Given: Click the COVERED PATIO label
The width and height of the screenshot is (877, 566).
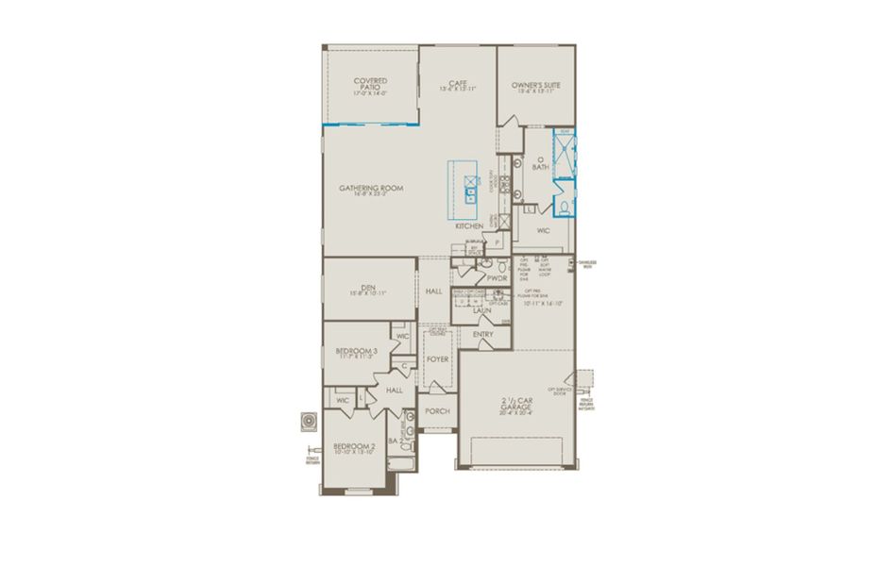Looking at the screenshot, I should [x=370, y=84].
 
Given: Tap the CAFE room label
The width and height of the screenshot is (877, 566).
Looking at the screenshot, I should [x=458, y=83].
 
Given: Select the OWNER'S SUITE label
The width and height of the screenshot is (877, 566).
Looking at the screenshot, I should [x=536, y=86].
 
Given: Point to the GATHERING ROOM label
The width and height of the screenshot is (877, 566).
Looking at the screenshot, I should [x=371, y=189].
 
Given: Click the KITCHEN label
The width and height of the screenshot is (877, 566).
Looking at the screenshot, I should [x=469, y=226].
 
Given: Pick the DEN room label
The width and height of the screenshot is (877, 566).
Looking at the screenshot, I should [x=369, y=290].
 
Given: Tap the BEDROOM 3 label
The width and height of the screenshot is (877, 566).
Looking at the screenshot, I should [x=356, y=351].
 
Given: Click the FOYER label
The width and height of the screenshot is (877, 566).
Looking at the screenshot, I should [x=437, y=359].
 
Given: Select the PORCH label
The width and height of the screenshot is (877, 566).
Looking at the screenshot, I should [x=437, y=411].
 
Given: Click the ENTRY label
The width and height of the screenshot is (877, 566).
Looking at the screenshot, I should [x=482, y=335].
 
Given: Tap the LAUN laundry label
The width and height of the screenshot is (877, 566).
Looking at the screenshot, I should [x=482, y=309].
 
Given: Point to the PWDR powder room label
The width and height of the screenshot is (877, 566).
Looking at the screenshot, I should [x=498, y=278].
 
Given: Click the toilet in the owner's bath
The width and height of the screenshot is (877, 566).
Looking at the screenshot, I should [x=560, y=207].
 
